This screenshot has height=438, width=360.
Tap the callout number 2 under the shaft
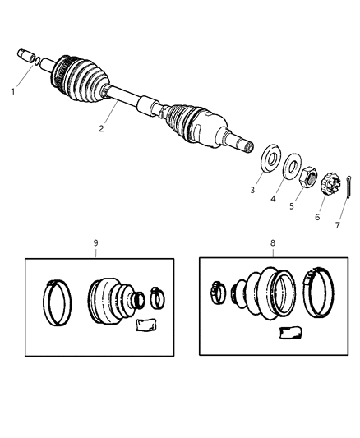pos(101,128)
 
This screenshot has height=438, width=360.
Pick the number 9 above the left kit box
pos(96,243)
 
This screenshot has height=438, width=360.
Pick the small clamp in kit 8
pos(218,288)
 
